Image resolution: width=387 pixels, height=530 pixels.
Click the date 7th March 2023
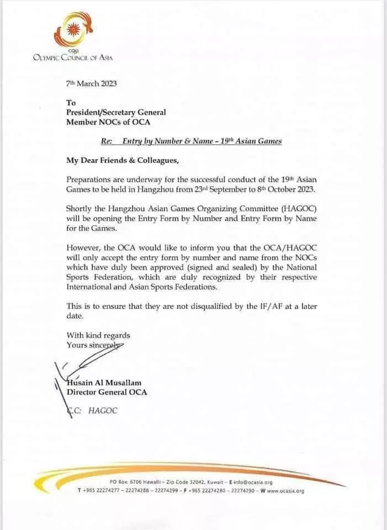point(91,84)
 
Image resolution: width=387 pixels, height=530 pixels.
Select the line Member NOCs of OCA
point(108,121)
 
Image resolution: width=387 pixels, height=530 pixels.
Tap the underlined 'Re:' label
point(107,141)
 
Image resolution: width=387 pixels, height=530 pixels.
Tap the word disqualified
point(224,305)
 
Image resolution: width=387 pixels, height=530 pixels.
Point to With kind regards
point(98,335)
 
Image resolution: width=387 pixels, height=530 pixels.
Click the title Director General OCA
point(107,393)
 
